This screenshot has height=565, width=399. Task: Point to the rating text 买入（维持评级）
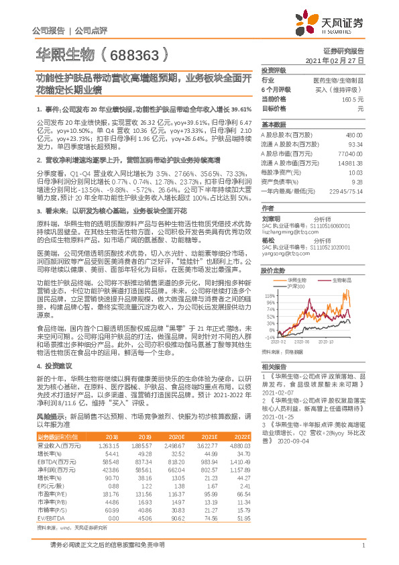click(343, 89)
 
